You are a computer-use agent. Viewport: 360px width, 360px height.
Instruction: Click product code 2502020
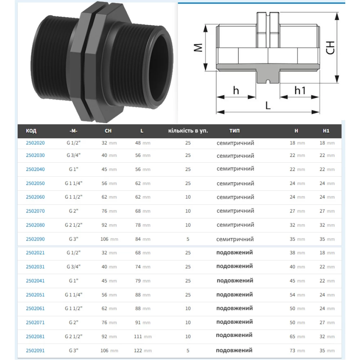click(x=35, y=143)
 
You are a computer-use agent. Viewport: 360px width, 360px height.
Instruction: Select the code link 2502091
click(x=35, y=350)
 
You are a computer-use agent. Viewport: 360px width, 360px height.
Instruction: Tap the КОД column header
click(x=31, y=131)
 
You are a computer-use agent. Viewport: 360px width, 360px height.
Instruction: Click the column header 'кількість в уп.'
click(x=188, y=131)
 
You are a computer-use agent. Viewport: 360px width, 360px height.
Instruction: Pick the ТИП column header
click(x=234, y=131)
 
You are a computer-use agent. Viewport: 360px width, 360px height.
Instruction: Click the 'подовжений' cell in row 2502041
click(x=234, y=280)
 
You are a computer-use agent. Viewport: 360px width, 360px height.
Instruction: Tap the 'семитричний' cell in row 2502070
click(x=235, y=211)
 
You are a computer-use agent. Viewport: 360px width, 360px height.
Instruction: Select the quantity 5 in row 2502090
click(x=188, y=239)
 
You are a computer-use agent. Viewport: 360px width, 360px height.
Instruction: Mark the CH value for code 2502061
click(x=109, y=308)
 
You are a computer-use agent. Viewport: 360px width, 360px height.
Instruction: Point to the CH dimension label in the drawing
click(x=330, y=48)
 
